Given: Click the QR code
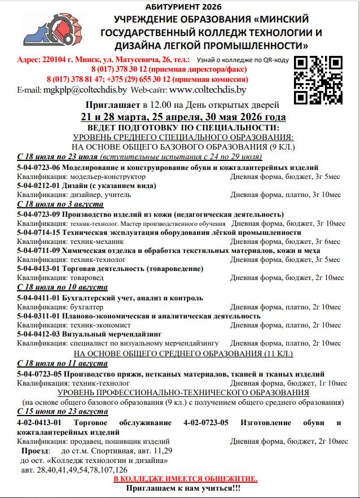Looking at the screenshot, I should click(x=318, y=79).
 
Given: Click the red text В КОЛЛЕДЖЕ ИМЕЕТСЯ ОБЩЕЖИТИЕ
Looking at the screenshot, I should click(x=186, y=478).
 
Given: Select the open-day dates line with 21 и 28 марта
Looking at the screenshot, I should click(x=183, y=117).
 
